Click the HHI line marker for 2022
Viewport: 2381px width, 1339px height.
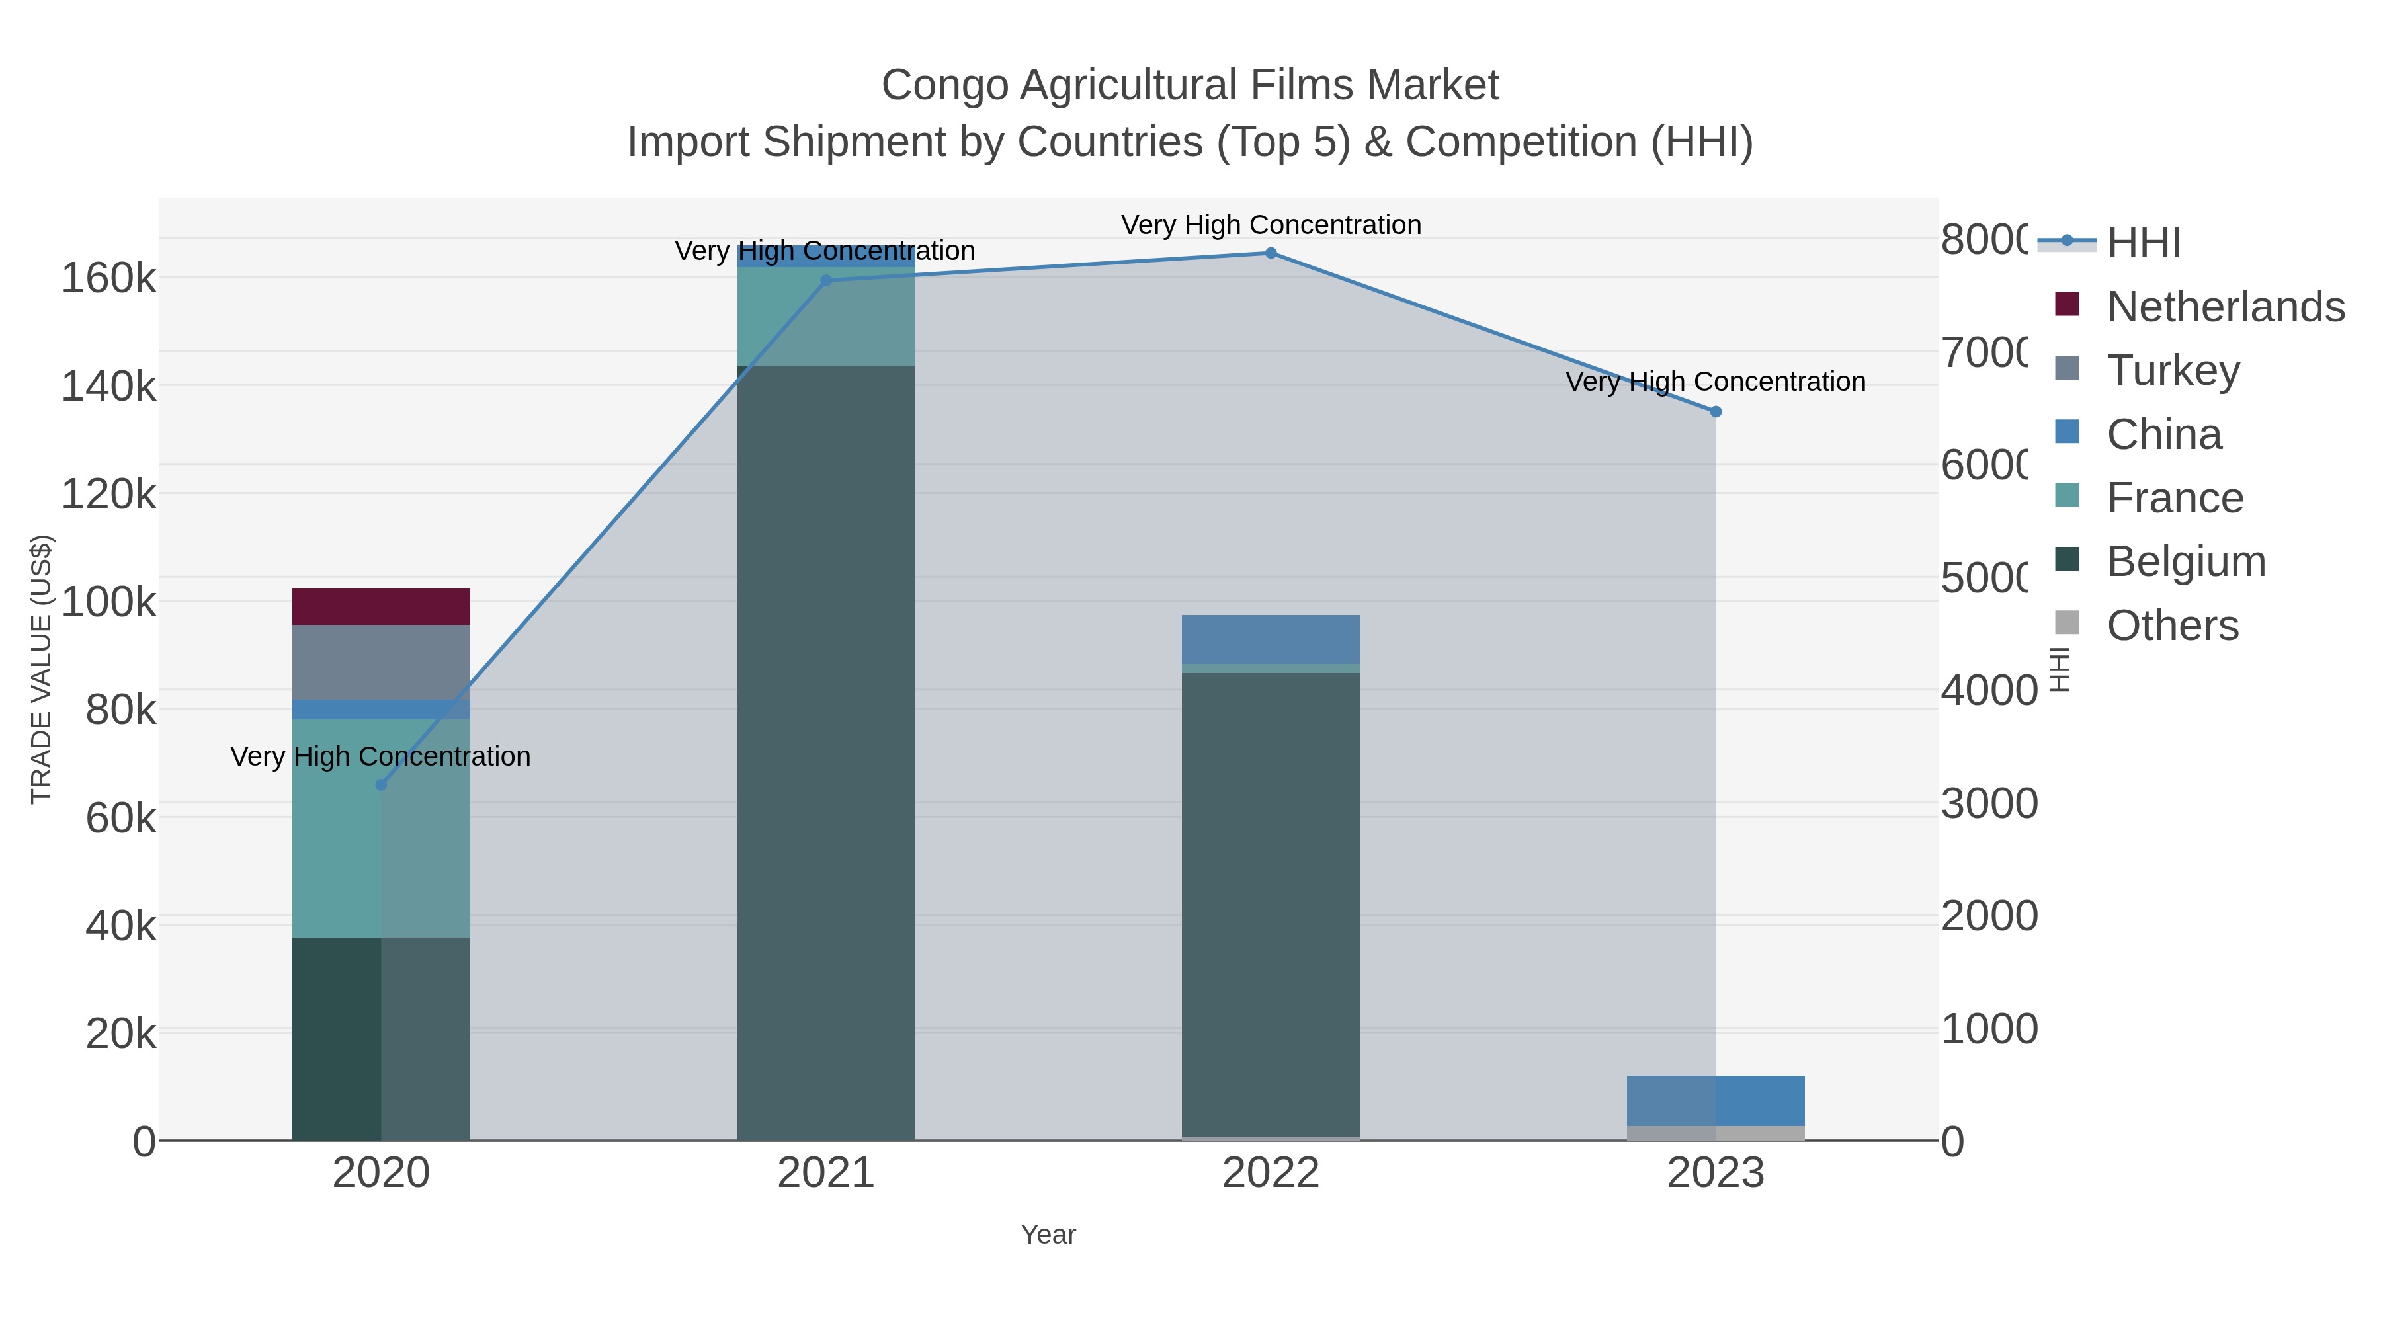(x=1271, y=253)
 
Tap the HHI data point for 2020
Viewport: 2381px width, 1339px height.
(x=381, y=784)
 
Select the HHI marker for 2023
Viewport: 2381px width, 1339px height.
(x=1716, y=412)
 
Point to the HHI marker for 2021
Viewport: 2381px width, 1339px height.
(x=826, y=281)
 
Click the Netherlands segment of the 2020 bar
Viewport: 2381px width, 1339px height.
(x=381, y=607)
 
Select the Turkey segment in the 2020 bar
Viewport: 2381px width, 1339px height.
(x=381, y=663)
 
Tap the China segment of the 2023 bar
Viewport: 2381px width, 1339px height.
(x=1716, y=1100)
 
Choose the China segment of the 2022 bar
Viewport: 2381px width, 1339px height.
(x=1271, y=639)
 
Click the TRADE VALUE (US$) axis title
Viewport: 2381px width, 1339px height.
(x=42, y=669)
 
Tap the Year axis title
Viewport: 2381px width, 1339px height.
(x=1048, y=1235)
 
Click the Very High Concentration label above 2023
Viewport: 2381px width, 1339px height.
(x=1716, y=382)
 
